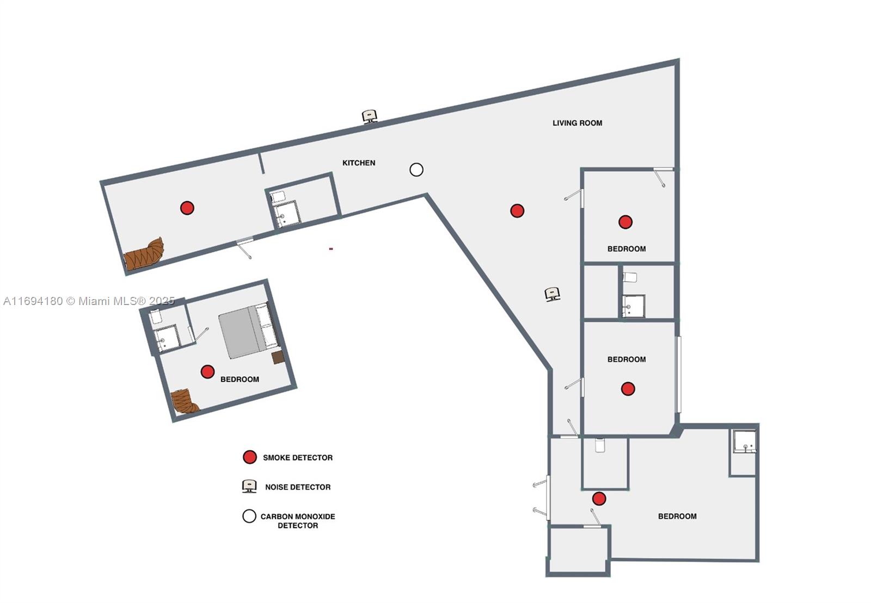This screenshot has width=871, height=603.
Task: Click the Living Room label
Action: point(577,123)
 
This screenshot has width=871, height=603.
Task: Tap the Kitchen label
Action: point(359,163)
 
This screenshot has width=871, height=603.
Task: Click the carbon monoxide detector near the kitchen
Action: point(416,170)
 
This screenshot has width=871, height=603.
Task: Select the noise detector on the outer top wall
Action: point(370,116)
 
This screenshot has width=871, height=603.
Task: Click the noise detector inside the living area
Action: point(553,294)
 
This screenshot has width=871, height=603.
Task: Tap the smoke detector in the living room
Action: point(517,210)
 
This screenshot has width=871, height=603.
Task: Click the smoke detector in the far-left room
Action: point(187,208)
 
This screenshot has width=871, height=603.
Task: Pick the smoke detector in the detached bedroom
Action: point(207,371)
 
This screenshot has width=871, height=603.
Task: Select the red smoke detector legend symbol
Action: point(250,457)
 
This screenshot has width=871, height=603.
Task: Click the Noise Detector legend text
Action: point(298,487)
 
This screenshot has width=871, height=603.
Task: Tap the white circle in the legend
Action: point(249,516)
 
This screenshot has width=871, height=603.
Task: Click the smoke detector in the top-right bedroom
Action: point(625,222)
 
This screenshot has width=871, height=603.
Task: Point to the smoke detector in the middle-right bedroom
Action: point(628,389)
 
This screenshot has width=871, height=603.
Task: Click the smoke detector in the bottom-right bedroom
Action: point(599,499)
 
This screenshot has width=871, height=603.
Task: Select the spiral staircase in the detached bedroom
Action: point(185,401)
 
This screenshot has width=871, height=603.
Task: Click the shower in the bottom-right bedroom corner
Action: point(744,442)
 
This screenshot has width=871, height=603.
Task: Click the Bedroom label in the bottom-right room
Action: point(677,516)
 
